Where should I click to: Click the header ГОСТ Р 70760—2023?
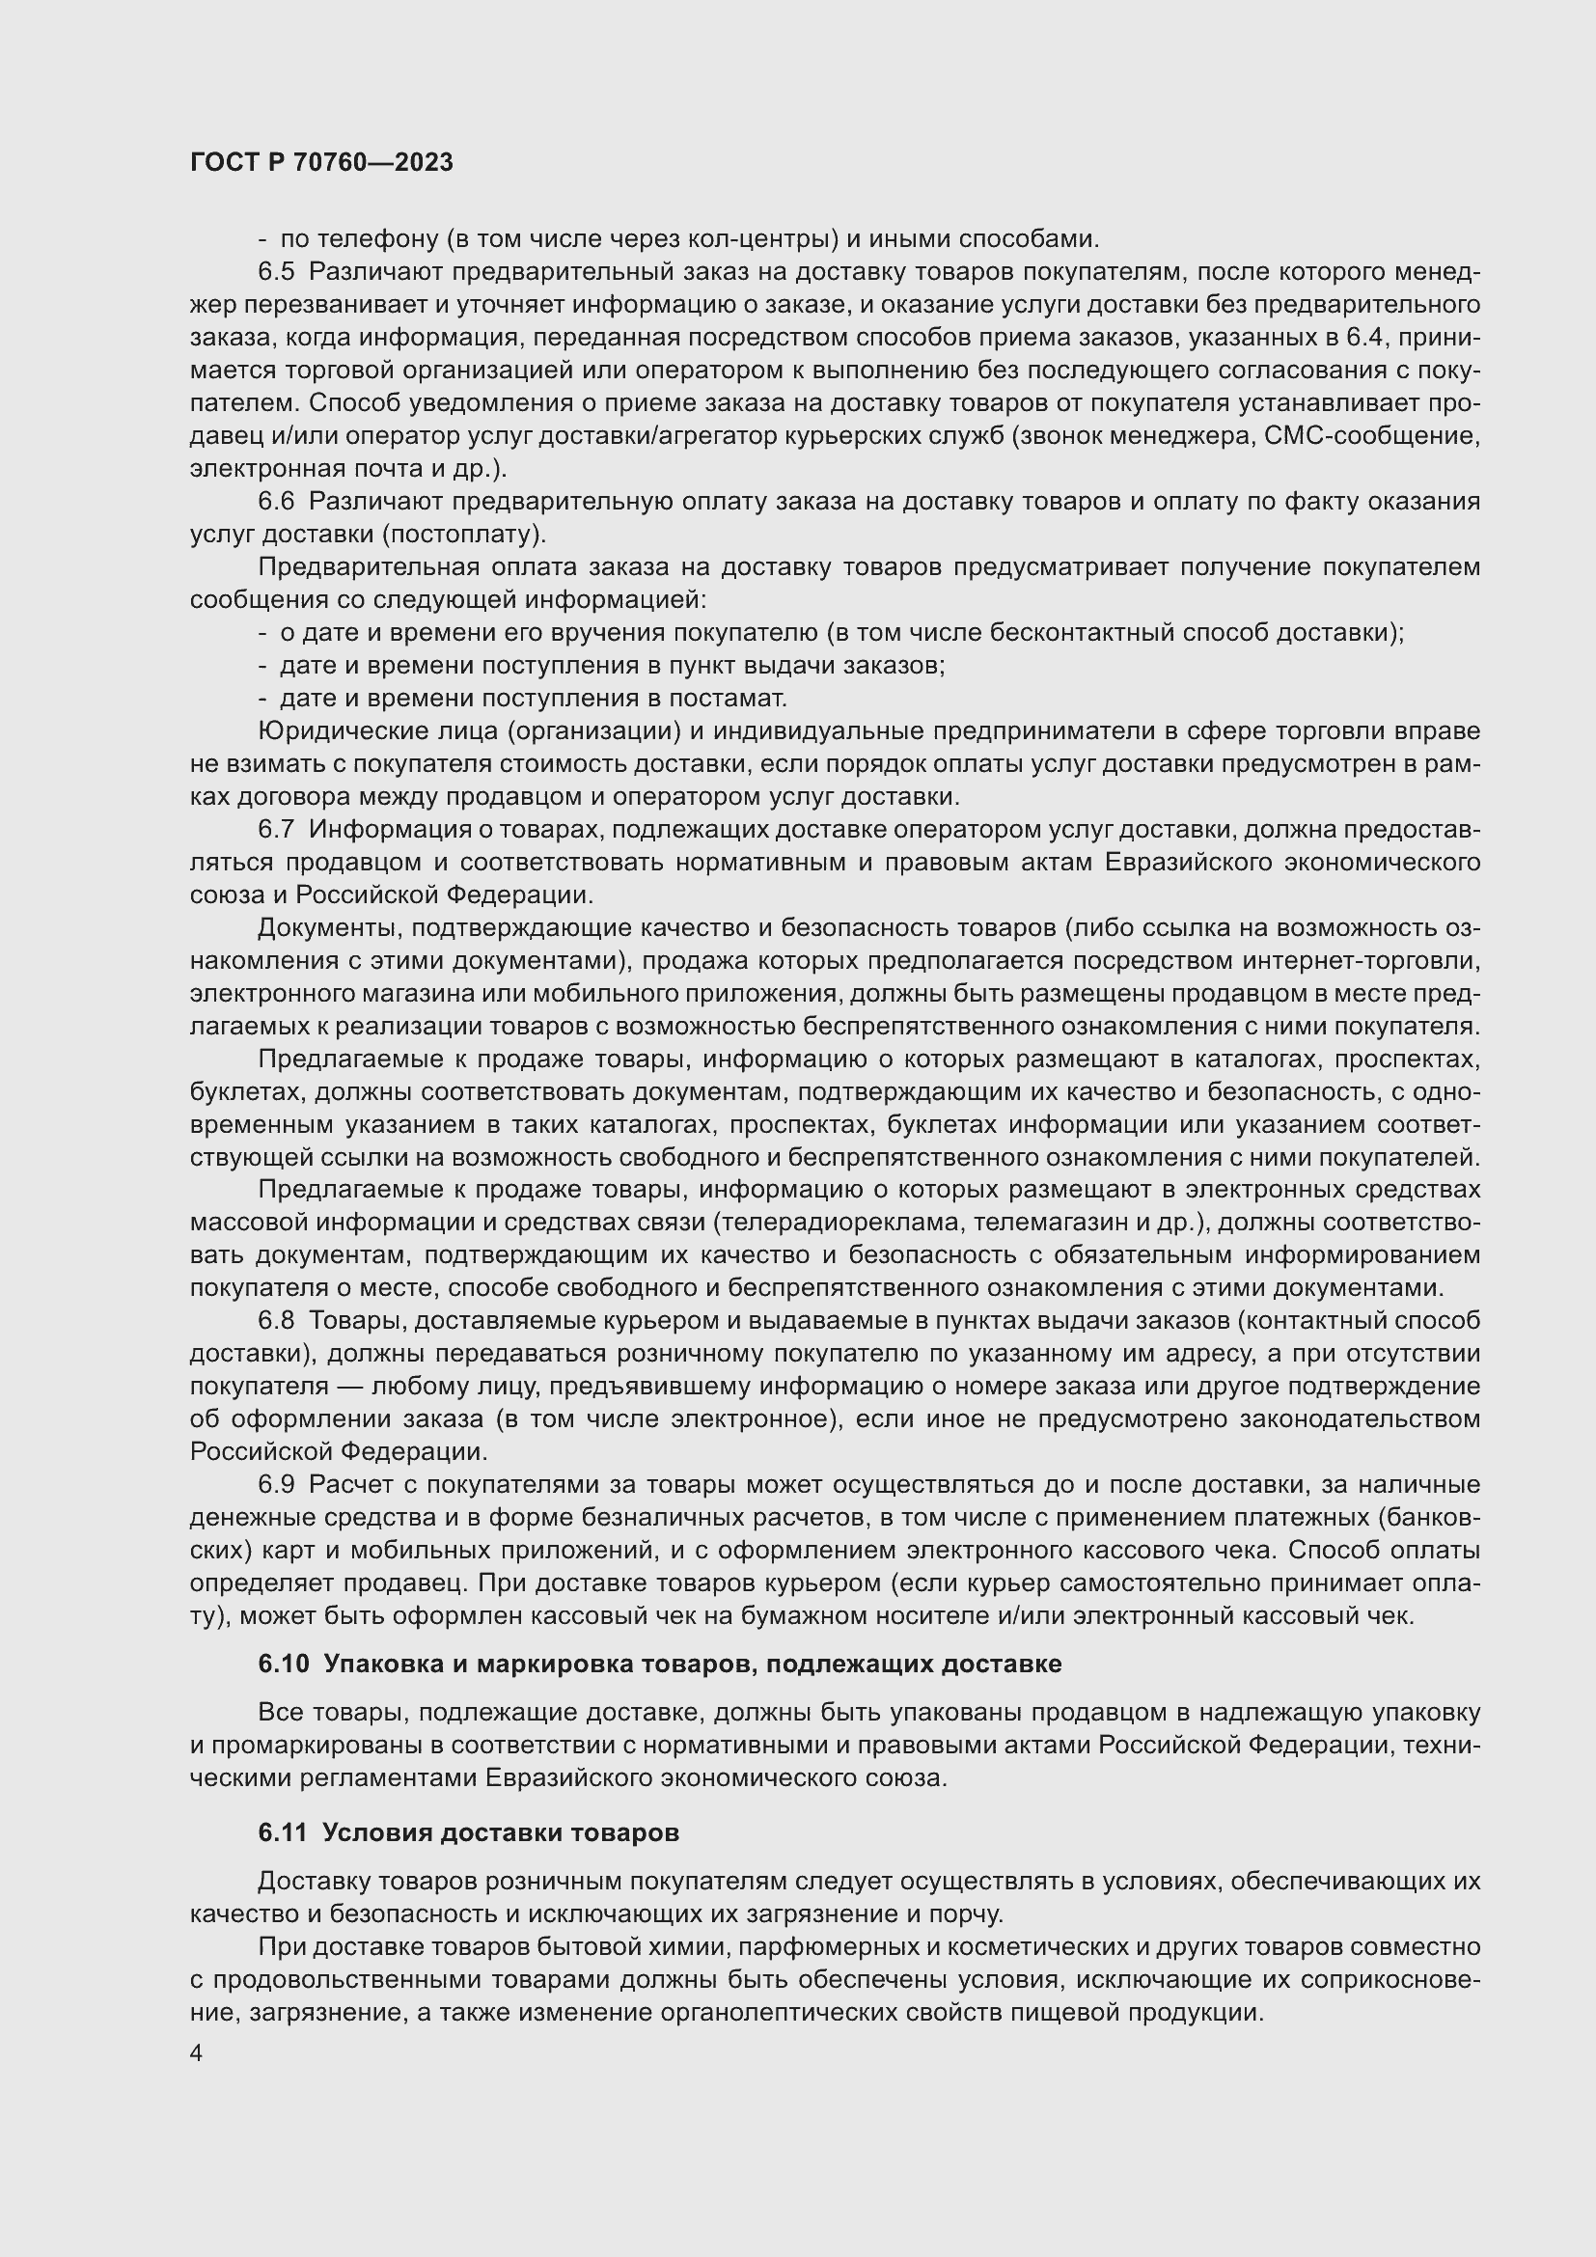click(321, 163)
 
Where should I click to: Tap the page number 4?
click(197, 2053)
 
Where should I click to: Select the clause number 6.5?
click(276, 272)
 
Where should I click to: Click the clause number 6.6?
click(276, 502)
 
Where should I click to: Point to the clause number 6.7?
click(276, 829)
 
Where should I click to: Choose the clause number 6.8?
click(276, 1320)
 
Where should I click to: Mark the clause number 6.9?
click(276, 1484)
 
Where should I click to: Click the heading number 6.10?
click(283, 1665)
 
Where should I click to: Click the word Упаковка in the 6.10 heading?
click(380, 1665)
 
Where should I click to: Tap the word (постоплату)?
click(463, 534)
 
